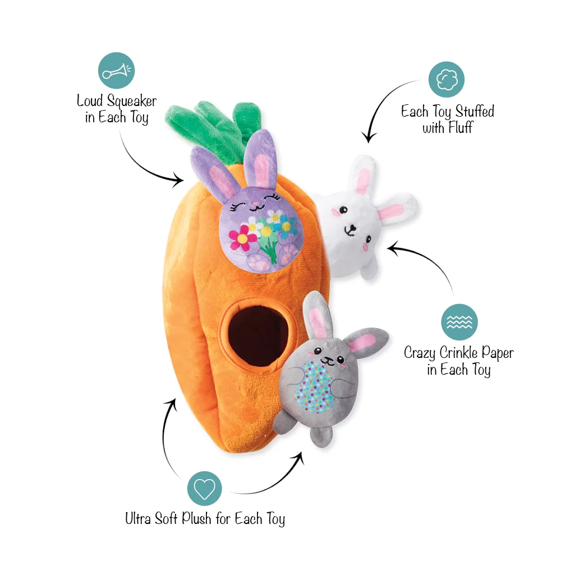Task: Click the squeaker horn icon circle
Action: (116, 71)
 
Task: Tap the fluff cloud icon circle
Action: (447, 80)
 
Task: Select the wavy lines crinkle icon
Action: (459, 322)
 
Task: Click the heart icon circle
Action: (205, 489)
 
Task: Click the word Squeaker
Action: (132, 101)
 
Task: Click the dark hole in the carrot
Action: (258, 337)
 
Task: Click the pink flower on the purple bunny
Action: (242, 237)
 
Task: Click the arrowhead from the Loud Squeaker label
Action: (177, 180)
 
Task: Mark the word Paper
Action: (498, 353)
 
